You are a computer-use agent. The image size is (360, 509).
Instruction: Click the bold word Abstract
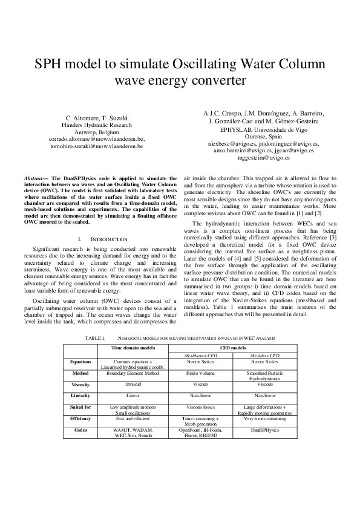click(36, 179)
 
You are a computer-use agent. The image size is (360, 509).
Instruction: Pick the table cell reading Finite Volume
click(200, 373)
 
